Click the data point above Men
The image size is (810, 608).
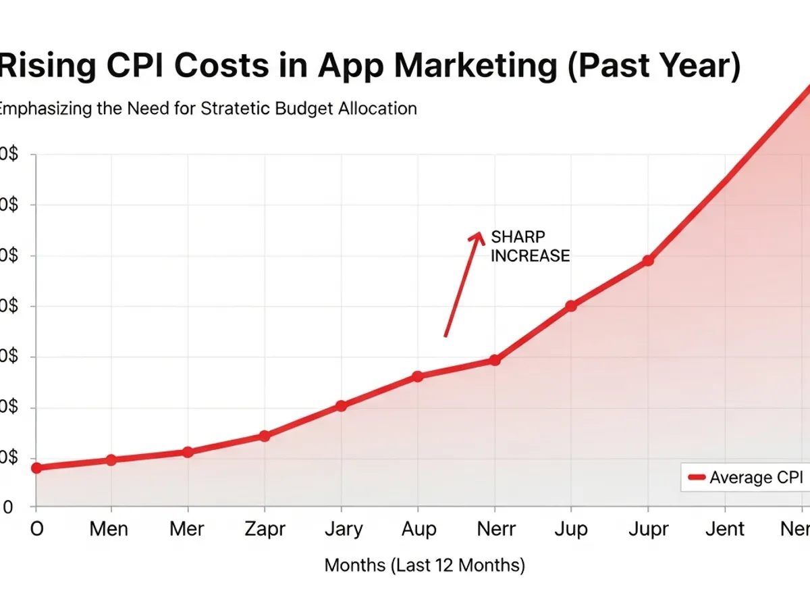pos(111,460)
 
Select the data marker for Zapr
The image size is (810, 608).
pos(264,436)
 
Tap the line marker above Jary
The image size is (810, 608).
pos(341,406)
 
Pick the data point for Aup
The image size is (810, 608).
pos(418,376)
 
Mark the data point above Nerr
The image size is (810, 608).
pos(495,361)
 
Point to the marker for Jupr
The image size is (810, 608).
pos(648,261)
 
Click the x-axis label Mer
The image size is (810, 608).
pos(187,529)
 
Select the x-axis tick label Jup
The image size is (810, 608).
pos(571,529)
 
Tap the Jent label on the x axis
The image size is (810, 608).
pos(724,529)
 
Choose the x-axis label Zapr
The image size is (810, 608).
pos(264,529)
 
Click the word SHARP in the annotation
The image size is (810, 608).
pos(518,237)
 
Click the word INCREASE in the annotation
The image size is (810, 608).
pos(530,256)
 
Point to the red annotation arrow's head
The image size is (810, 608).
pos(479,236)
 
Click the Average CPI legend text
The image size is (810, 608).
pos(756,478)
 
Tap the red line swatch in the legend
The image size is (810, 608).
pos(696,478)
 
